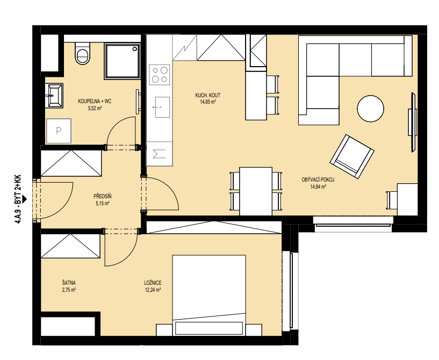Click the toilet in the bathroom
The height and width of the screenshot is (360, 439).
(x=83, y=53)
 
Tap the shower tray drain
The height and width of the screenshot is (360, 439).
(x=135, y=49)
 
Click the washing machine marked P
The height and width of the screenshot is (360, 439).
(x=59, y=131)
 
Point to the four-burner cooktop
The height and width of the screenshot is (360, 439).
(x=160, y=75)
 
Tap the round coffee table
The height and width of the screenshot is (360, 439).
(x=370, y=109)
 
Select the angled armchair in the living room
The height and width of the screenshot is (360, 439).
(x=352, y=156)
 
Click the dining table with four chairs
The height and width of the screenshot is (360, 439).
(x=256, y=191)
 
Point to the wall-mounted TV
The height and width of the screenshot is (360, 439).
(x=413, y=123)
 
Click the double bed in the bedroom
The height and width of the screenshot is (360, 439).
(x=209, y=296)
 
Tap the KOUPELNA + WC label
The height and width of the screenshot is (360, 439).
(x=95, y=102)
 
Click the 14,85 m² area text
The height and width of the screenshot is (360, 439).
(x=208, y=102)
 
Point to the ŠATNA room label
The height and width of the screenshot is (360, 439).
(x=69, y=283)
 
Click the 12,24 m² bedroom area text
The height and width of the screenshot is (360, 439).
(x=153, y=290)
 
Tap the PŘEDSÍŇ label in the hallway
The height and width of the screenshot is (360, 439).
(x=103, y=197)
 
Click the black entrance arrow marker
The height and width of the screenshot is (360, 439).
(x=24, y=199)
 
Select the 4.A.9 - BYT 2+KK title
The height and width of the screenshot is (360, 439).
(x=17, y=199)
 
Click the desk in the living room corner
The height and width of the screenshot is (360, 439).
(x=407, y=199)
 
